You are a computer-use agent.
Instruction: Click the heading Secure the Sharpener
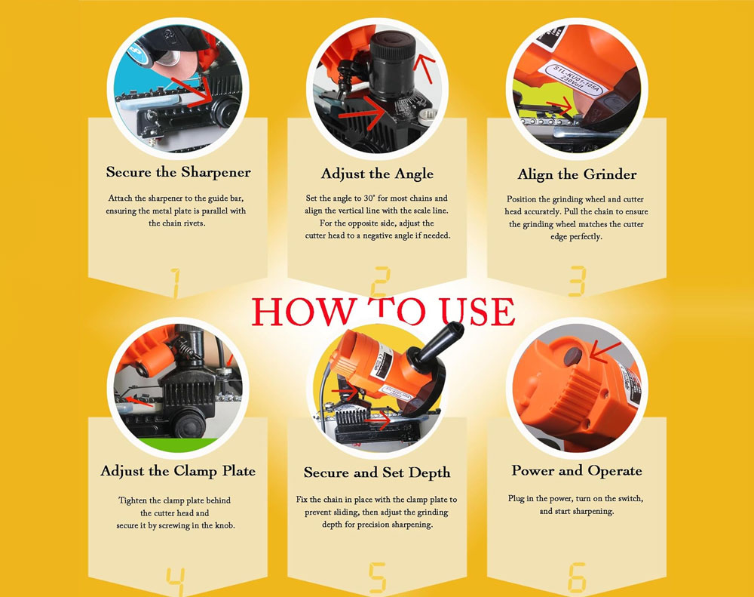point(179,172)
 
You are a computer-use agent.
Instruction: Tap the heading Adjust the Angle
point(377,174)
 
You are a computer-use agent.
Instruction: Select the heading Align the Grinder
point(577,174)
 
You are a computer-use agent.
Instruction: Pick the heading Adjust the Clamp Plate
point(178,471)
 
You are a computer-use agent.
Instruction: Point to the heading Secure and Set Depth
point(377,472)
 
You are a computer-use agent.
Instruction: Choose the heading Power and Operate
point(577,470)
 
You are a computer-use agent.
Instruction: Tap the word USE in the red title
point(478,312)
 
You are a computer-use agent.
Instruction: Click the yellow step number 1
point(175,282)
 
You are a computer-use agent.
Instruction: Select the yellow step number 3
point(577,282)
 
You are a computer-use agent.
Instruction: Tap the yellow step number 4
point(176,582)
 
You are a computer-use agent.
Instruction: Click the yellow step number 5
point(378,577)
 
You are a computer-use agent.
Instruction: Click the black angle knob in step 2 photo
point(392,66)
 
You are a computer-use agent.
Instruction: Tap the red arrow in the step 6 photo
point(605,351)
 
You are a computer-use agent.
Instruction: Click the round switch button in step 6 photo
point(573,357)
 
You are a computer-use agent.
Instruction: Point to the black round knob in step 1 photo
point(226,112)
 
